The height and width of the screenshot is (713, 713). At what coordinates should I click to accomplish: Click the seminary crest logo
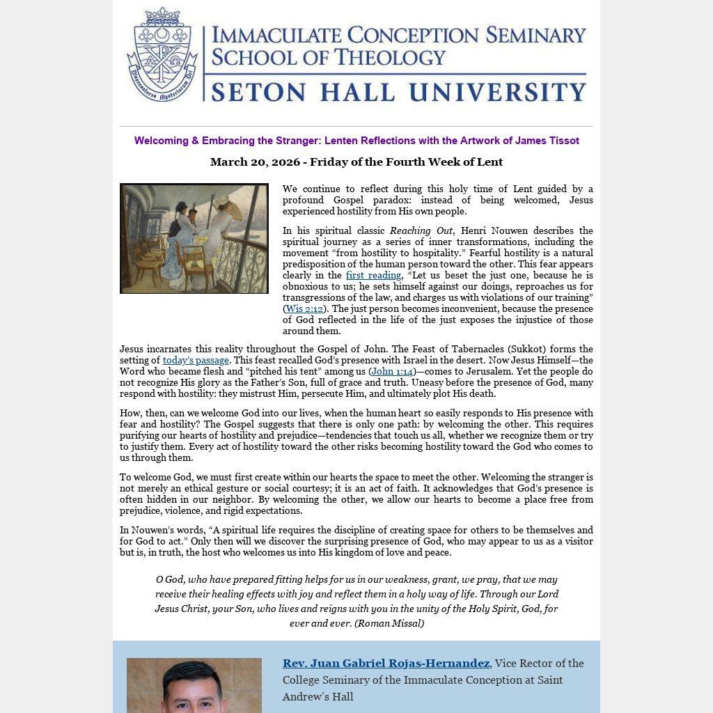point(162,56)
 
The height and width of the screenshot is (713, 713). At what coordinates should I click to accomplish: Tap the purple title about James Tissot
point(356,141)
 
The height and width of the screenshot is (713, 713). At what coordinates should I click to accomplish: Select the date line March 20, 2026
point(356,162)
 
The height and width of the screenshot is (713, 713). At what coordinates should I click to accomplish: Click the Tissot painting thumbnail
point(194,238)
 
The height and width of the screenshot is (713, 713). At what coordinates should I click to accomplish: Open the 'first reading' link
point(373,275)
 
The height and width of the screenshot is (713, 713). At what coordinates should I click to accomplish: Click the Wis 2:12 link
point(304,308)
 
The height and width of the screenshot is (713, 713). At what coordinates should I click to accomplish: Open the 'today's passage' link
point(196,360)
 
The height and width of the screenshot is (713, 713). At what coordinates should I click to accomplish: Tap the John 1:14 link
point(392,371)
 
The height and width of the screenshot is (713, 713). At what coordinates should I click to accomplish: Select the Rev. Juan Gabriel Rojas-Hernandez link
point(386,663)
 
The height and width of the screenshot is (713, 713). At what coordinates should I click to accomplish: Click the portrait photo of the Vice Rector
point(194,686)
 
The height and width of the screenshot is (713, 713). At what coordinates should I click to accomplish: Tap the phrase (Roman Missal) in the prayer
point(389,623)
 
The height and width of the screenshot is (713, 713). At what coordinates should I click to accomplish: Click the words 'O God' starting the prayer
point(169,579)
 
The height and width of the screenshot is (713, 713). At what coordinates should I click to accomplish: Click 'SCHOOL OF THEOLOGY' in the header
point(328,57)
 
